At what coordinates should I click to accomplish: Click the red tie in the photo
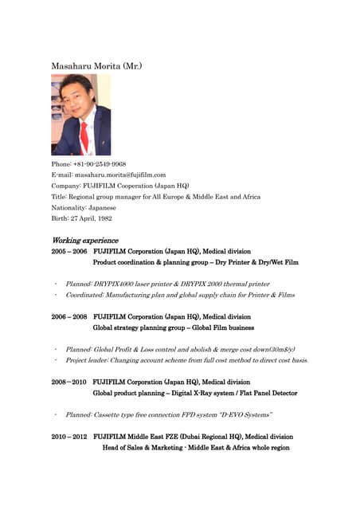[x=84, y=135]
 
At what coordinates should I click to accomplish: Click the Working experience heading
[x=84, y=240]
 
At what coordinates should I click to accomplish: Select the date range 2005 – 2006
[x=69, y=250]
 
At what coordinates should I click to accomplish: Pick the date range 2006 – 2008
[x=69, y=316]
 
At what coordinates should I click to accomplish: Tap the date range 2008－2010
[x=69, y=382]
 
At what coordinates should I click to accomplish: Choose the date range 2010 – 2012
[x=69, y=437]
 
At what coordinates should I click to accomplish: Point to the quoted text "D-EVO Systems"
[x=245, y=414]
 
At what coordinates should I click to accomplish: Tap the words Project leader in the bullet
[x=88, y=360]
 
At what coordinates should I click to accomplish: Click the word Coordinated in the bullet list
[x=86, y=294]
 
